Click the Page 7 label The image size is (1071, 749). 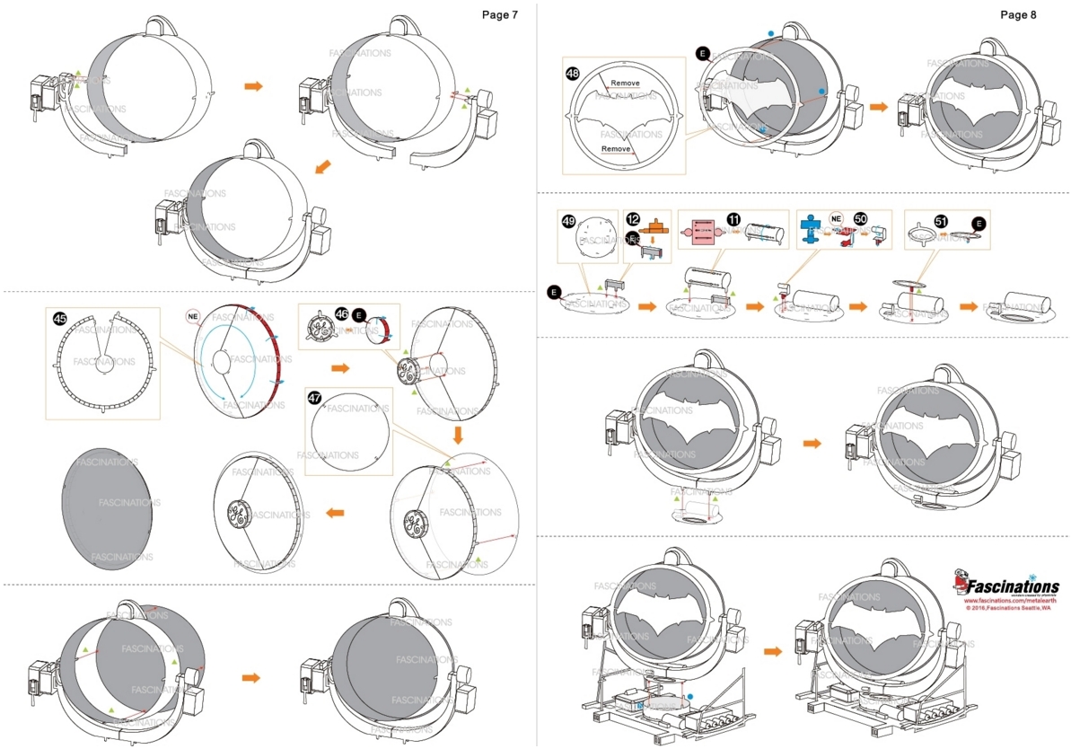tap(499, 15)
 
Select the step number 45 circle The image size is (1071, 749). tap(59, 318)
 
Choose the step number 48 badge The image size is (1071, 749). tap(573, 73)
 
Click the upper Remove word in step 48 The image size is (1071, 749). tap(625, 84)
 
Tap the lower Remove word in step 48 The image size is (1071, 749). tap(616, 149)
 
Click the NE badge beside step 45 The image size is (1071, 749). tap(192, 316)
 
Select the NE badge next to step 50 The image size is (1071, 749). tap(836, 218)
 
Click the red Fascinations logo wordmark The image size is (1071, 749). tap(1012, 586)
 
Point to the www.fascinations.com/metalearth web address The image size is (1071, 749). tap(1009, 601)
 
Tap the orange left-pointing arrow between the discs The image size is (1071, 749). tap(335, 513)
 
